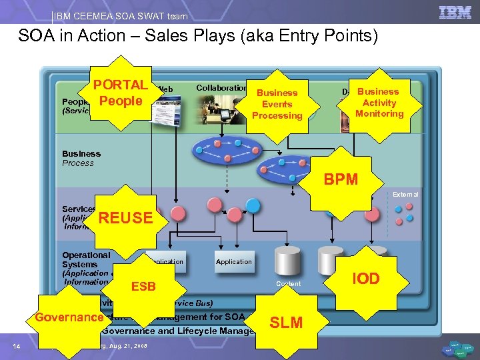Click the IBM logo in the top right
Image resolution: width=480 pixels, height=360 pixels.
coord(455,12)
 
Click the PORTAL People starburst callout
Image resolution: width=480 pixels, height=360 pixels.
coord(121,93)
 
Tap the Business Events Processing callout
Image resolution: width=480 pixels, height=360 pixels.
coord(277,104)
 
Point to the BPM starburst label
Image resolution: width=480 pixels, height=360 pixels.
coord(341,179)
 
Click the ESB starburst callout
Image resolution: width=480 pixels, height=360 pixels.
coord(143,287)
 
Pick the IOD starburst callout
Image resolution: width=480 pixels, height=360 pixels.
coord(366,279)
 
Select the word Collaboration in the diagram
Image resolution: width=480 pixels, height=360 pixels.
coord(221,88)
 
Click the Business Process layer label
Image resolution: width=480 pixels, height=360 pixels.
coord(81,158)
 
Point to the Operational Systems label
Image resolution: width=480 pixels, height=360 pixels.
coord(86,259)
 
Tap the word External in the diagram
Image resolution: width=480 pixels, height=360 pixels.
coord(405,195)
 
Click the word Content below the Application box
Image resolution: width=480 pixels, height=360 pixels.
coord(288,284)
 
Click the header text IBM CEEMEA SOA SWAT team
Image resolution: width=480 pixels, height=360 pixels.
coord(121,16)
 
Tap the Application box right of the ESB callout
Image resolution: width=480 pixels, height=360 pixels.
coord(233,262)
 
